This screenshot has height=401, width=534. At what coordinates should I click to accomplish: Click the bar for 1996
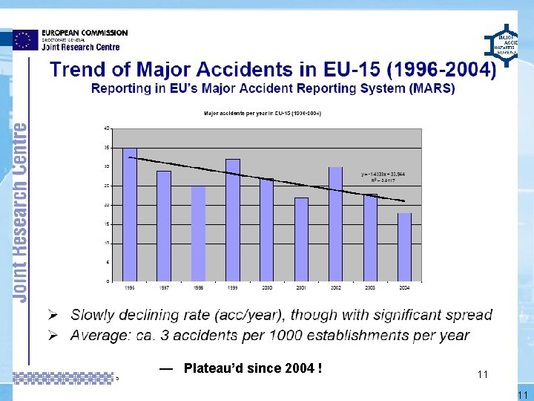(130, 215)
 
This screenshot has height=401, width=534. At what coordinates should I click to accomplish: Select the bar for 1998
(198, 233)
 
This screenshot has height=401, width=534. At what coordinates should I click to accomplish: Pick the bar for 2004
(404, 247)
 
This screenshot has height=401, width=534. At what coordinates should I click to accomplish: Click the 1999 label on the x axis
(232, 287)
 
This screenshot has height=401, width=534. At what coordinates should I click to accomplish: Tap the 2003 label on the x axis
(370, 287)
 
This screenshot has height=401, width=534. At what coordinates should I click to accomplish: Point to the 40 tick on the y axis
(107, 128)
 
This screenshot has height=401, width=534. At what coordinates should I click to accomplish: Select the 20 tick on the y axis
(107, 205)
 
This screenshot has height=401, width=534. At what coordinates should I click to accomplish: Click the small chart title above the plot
(263, 113)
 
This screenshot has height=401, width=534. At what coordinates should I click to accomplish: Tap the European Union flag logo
(25, 39)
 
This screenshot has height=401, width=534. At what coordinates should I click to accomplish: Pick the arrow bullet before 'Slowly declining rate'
(55, 314)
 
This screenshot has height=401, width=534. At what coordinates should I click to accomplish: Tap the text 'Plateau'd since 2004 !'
(252, 368)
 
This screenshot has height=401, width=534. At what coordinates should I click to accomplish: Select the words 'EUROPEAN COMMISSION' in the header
(85, 33)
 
